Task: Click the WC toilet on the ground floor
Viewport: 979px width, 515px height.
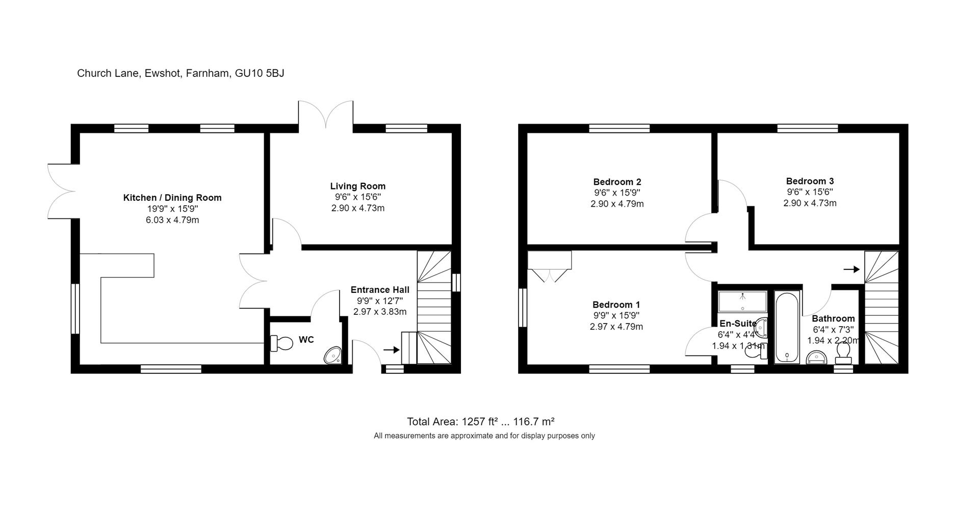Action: [281, 343]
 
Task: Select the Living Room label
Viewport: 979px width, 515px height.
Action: [357, 186]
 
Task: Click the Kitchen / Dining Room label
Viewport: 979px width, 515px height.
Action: [172, 198]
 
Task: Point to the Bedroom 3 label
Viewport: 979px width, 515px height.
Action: [810, 181]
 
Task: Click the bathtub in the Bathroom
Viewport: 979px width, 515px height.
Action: [787, 327]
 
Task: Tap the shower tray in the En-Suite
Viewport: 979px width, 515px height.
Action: [742, 302]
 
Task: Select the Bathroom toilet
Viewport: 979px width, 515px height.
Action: [843, 353]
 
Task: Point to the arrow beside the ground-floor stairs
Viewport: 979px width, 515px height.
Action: [391, 349]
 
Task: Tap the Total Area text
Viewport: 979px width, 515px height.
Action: [480, 422]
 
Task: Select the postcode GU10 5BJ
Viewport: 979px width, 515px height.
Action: [259, 73]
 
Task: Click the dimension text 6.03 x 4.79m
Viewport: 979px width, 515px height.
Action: [172, 220]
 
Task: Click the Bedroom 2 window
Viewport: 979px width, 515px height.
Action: [619, 128]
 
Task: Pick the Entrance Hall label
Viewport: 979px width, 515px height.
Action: [380, 290]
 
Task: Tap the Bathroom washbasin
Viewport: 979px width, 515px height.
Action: [816, 358]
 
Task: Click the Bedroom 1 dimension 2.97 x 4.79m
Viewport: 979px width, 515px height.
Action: [616, 327]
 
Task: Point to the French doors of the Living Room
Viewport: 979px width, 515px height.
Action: [325, 115]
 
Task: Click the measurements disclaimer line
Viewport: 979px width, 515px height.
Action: [484, 436]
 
